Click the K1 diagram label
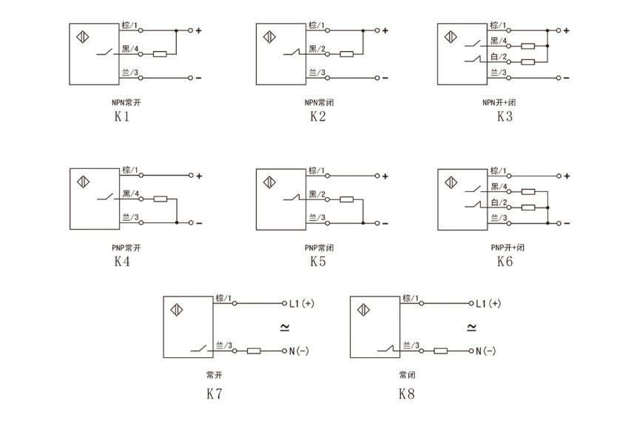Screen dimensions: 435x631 coord(122,116)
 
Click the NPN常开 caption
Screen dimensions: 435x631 coord(122,102)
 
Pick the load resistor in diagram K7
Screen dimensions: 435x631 coord(254,351)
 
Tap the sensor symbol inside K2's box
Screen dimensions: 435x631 coord(269,36)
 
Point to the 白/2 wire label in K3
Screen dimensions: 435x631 coord(499,56)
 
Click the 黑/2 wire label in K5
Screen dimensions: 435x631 coord(317,194)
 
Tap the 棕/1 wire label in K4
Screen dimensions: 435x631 coord(130,170)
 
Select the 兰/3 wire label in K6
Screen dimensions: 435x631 coord(499,217)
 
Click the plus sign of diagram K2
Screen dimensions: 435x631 coord(385,30)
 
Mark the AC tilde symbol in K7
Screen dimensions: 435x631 coord(283,326)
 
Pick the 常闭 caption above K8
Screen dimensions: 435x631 coord(407,374)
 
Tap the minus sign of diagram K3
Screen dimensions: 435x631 coord(567,78)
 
